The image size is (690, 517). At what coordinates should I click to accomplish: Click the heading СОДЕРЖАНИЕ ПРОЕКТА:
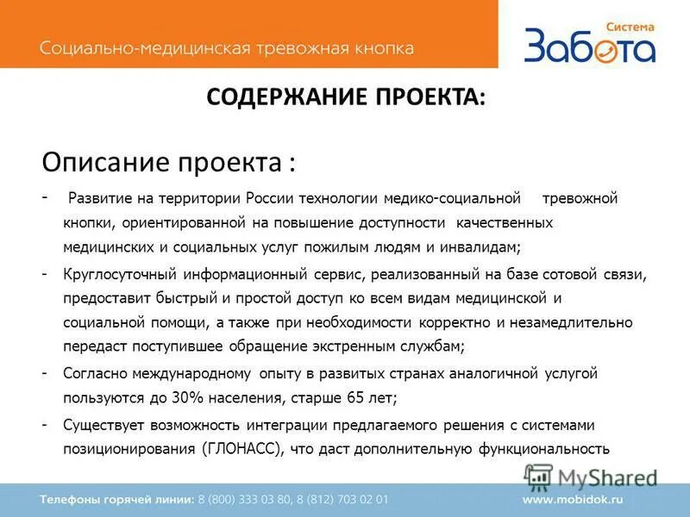[345, 97]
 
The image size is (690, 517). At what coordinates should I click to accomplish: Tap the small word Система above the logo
[630, 27]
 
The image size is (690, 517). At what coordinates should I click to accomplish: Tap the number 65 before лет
[354, 398]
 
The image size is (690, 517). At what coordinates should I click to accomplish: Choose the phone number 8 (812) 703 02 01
[346, 499]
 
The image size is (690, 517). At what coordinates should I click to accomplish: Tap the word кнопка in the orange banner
[381, 47]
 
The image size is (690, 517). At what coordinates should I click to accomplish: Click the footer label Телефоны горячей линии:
[117, 499]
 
